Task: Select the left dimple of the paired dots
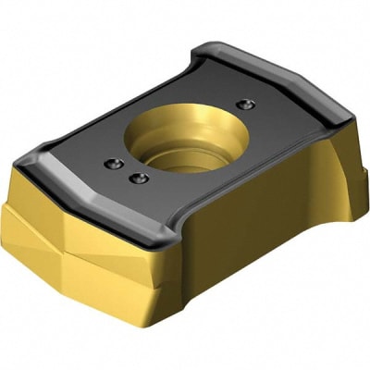[x=114, y=164]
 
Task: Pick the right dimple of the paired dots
[x=139, y=178]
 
